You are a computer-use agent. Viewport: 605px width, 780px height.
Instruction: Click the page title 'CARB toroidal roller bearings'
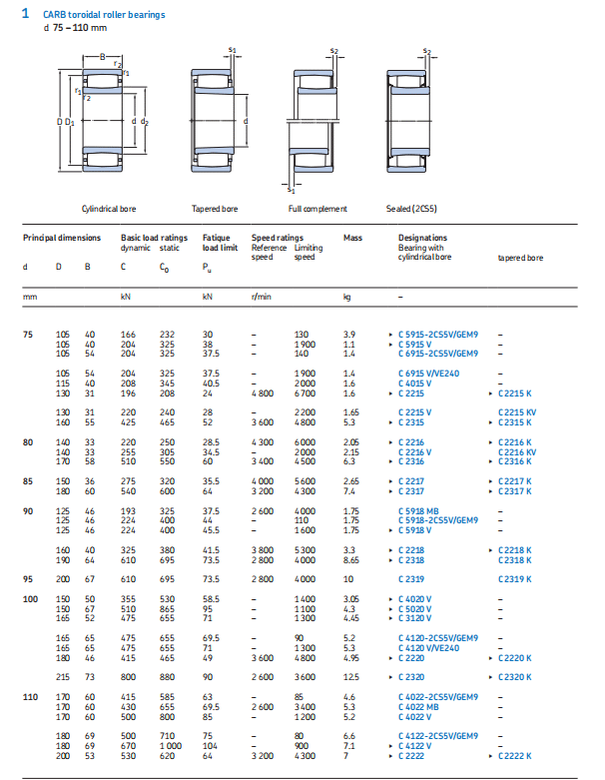click(x=104, y=15)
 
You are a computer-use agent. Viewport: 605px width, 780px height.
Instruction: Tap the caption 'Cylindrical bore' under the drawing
click(x=108, y=209)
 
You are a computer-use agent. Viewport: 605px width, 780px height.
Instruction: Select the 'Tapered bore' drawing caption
click(x=214, y=209)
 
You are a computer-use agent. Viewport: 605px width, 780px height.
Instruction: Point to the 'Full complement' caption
click(x=317, y=209)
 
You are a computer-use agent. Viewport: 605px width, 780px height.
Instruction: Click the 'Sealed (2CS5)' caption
click(x=411, y=209)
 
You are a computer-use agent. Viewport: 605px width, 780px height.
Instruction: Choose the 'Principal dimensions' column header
click(x=62, y=238)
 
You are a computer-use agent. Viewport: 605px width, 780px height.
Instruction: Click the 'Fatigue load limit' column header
click(x=220, y=243)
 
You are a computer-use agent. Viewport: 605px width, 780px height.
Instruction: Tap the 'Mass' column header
click(x=352, y=238)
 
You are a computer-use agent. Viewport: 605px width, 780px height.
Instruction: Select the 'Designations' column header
click(x=422, y=238)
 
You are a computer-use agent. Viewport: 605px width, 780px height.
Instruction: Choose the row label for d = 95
click(x=28, y=579)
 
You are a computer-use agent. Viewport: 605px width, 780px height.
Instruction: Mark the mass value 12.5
click(x=350, y=677)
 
